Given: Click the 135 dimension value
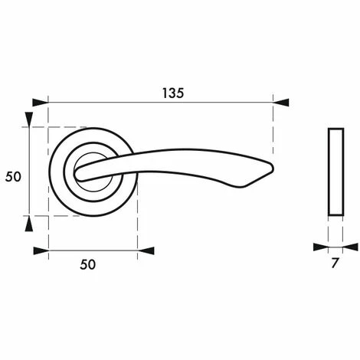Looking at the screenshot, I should coord(172,93).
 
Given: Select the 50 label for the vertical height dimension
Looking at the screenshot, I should coord(12,176).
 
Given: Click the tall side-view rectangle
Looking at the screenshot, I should coord(335,172).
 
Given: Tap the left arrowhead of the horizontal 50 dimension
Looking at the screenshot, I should coord(41,250).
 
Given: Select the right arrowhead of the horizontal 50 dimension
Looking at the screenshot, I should coord(146,250).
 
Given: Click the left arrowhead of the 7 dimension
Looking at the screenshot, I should coord(320,247).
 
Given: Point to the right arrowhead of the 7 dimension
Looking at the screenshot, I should coord(350,247).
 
